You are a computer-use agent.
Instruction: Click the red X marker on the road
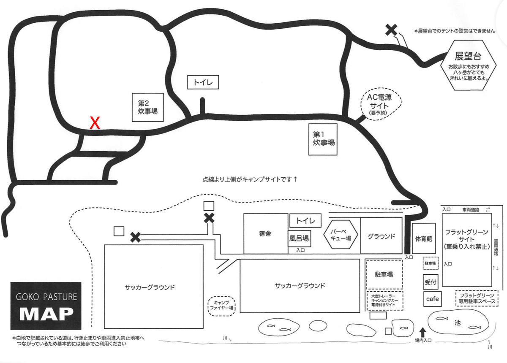95,123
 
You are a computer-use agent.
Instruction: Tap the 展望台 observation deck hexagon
468,65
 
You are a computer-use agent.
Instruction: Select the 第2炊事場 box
148,107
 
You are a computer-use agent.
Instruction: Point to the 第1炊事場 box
323,139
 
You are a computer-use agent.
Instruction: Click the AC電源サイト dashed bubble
381,104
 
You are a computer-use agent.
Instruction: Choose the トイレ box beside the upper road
203,82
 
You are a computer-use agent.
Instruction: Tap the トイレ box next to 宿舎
305,220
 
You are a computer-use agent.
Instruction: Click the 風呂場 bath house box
299,238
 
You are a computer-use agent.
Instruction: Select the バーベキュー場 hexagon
341,235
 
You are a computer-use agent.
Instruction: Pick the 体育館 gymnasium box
424,238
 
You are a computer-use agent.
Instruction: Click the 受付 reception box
431,282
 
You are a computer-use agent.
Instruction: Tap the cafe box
432,299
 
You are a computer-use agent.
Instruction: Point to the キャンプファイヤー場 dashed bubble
221,306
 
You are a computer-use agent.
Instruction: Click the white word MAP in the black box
46,314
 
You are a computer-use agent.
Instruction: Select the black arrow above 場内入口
422,333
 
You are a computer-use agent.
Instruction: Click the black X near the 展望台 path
391,30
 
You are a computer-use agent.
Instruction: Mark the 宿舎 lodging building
266,234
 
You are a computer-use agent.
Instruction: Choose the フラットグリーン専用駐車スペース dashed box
477,298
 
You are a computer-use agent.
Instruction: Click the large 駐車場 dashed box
384,274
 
